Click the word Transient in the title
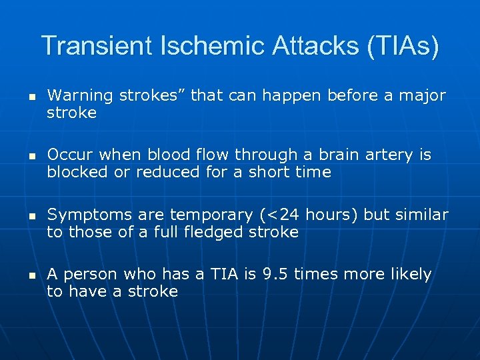(100, 46)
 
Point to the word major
(422, 96)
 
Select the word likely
(409, 275)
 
